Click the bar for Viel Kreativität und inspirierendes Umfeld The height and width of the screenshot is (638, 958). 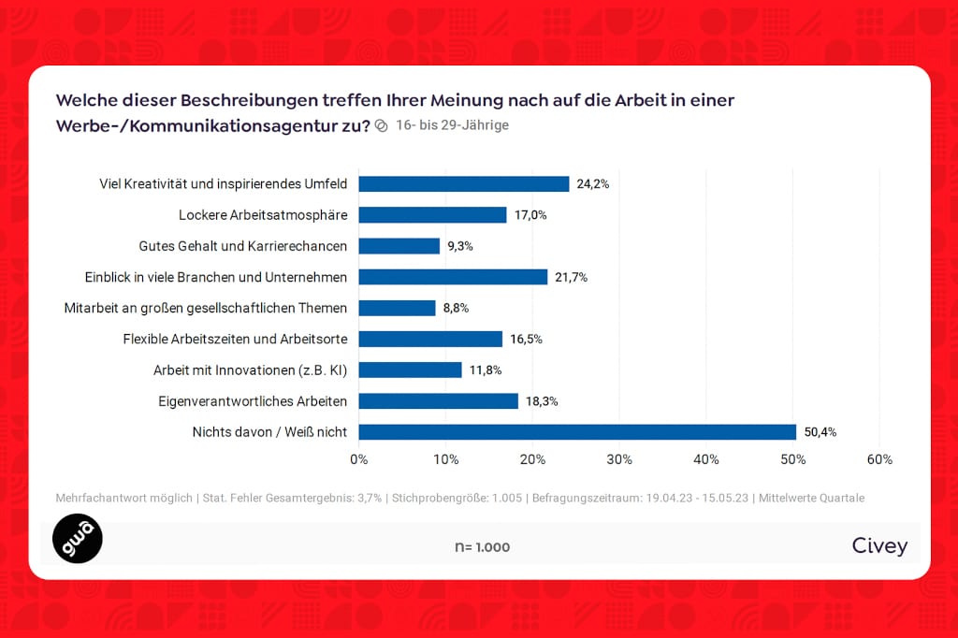coord(464,184)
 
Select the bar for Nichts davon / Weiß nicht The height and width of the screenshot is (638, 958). coord(577,432)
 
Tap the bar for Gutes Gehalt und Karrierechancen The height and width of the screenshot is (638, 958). coord(399,246)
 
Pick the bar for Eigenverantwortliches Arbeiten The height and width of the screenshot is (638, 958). coord(439,401)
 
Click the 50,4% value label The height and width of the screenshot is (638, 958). coord(820,432)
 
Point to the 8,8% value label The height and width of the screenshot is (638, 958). coord(456,308)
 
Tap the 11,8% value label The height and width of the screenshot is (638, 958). coord(486,370)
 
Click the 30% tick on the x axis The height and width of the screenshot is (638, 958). coord(619,459)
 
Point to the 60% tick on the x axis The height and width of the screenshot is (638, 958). coord(879,459)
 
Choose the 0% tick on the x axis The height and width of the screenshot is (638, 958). coord(359,459)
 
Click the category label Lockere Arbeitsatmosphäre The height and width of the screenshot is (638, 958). coord(263,215)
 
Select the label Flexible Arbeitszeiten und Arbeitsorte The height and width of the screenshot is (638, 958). coord(235,339)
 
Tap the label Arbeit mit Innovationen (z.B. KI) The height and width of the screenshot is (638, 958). coord(250,370)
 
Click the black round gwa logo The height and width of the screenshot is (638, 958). coord(78,538)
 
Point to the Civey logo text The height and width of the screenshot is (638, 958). coord(879,546)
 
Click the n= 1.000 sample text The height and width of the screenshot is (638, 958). coord(482,547)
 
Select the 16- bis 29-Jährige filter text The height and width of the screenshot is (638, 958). coord(452,125)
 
